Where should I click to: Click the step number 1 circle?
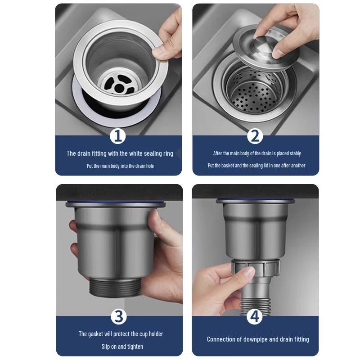point(118,136)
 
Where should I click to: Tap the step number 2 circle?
point(255,136)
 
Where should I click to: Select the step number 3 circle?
point(119,316)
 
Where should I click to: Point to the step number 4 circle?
point(254,316)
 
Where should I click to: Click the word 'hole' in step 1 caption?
point(150,166)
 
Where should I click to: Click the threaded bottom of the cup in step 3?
point(115,287)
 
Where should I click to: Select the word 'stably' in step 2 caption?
point(295,153)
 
